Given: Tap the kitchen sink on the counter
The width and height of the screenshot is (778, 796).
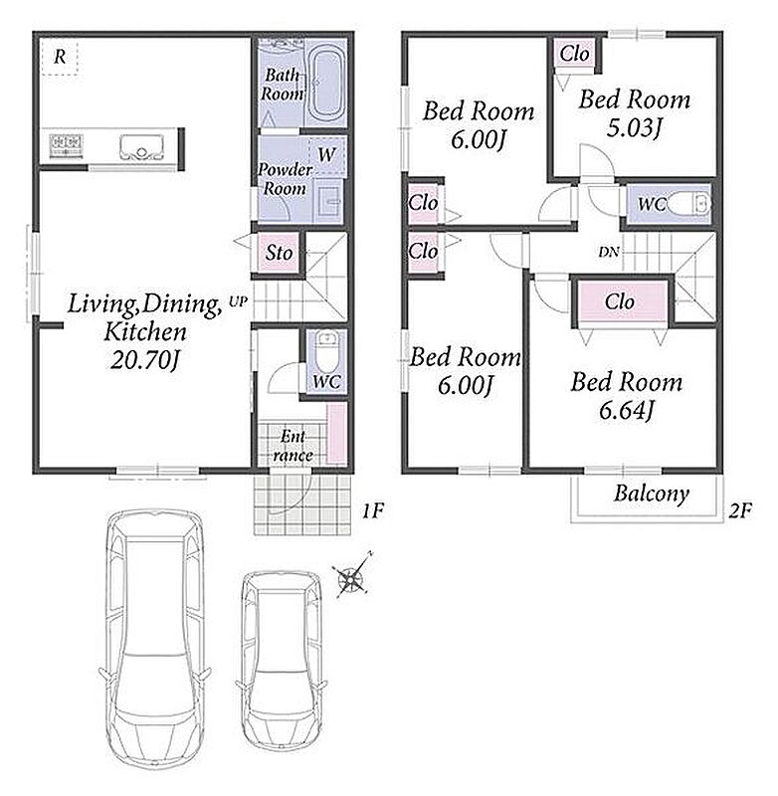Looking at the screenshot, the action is point(141,147).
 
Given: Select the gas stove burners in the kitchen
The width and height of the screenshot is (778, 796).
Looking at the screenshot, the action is point(67,144).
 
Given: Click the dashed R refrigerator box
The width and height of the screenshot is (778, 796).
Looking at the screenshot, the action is point(60,58).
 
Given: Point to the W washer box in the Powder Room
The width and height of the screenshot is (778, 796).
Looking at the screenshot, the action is point(327,155).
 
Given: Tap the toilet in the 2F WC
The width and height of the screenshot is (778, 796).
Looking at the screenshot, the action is point(688,204).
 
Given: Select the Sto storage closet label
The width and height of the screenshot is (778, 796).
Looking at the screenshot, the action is point(280,253).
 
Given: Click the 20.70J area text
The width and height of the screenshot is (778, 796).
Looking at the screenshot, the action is point(144,361).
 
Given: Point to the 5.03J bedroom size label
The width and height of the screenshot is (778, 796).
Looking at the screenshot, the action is point(635,128).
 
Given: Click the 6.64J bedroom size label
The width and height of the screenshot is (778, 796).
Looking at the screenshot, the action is point(626,411).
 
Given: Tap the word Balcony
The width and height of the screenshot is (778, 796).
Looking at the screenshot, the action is point(652,494).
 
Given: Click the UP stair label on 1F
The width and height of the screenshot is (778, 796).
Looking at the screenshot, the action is point(238,301).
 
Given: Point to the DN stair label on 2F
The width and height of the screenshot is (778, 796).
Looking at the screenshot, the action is point(609,252).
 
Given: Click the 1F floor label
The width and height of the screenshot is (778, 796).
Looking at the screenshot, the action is point(372,510).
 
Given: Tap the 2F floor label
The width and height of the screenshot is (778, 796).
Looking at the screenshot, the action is point(740,510).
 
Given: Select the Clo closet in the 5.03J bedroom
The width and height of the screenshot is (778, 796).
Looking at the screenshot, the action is point(574,54).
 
